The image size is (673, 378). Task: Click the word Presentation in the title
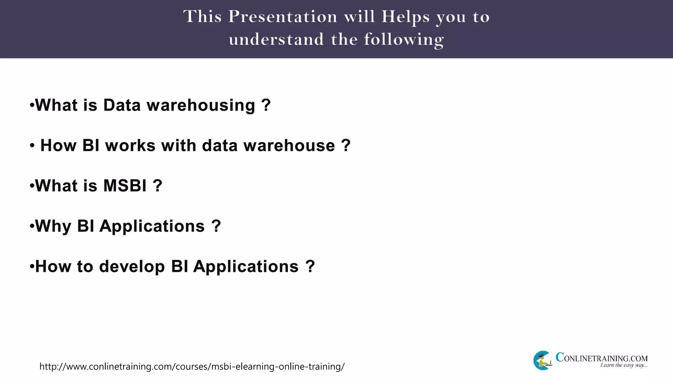click(x=283, y=16)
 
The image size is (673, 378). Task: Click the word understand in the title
click(x=276, y=39)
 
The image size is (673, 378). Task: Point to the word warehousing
click(x=201, y=106)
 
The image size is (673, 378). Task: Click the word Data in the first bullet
click(x=122, y=105)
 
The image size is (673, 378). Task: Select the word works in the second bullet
click(x=130, y=145)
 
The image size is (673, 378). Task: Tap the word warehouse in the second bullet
click(x=289, y=145)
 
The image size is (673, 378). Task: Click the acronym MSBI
click(x=125, y=186)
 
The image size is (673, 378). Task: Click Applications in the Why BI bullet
click(x=152, y=226)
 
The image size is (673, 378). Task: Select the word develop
click(x=132, y=266)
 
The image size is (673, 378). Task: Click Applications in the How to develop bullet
click(x=246, y=266)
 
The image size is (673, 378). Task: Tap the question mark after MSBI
click(x=157, y=186)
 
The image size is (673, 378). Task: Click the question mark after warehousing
click(x=266, y=105)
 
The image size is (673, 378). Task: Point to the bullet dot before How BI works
click(x=32, y=145)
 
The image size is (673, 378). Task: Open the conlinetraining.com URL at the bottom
click(x=192, y=367)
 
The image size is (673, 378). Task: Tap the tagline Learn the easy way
click(x=624, y=365)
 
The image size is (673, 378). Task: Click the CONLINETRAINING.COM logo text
click(x=601, y=358)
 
